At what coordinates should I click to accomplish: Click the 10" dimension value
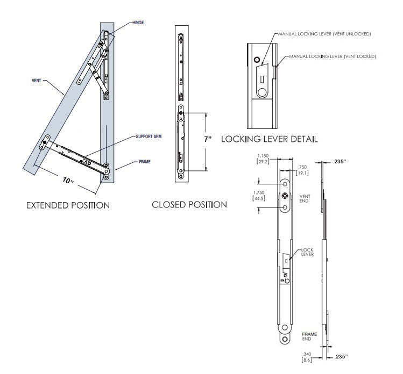68,181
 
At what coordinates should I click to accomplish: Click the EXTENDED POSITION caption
68,205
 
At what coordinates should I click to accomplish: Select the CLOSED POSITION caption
189,205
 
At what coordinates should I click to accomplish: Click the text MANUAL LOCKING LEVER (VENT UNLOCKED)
324,34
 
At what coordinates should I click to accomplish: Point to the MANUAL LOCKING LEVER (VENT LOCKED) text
333,56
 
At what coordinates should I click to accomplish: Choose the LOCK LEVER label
307,251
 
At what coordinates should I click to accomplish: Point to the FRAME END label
308,337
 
